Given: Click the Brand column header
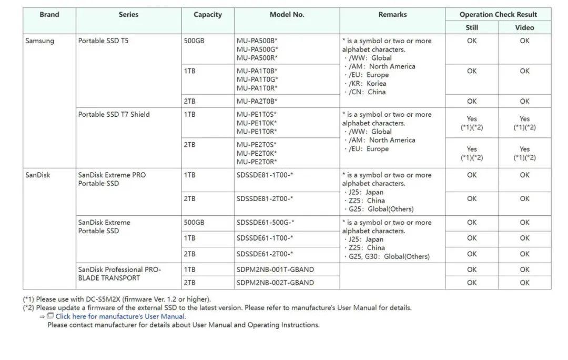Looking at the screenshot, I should pos(49,15).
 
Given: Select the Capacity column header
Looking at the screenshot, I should pos(208,15).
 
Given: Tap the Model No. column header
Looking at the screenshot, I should pos(287,15).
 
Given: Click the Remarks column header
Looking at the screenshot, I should pos(392,15).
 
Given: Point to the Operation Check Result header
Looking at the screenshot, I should pos(498,15).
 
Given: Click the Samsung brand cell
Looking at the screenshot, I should pos(40,41).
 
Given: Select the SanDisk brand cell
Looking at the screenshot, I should pos(38,175).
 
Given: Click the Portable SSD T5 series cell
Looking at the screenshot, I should pos(103,41).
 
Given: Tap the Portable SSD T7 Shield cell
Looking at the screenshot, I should pos(114,115).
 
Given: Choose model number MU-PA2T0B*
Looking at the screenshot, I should pos(257,101).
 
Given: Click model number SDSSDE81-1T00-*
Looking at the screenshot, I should pos(265,175).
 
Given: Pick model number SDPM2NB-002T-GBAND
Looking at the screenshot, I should pos(275,283).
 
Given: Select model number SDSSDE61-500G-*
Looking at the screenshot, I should pos(265,223).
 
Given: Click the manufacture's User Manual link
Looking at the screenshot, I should pos(120,316).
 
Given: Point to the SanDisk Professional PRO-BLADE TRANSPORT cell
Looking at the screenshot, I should pos(119,274).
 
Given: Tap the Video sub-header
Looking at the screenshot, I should pos(524,28).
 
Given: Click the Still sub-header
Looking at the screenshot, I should pos(472,28).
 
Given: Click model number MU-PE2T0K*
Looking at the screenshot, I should pos(256,153).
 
